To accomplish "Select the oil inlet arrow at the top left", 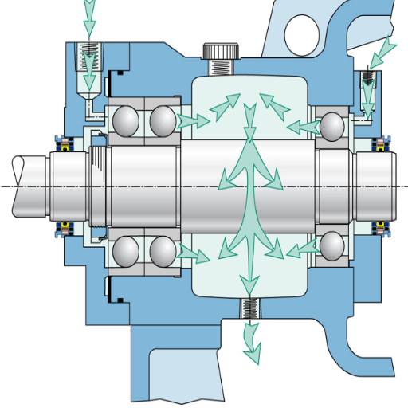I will pyautogui.click(x=88, y=11).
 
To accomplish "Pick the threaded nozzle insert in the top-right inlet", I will pyautogui.click(x=367, y=80).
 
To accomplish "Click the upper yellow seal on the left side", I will pyautogui.click(x=61, y=143).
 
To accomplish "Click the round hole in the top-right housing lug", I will pyautogui.click(x=304, y=31).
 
